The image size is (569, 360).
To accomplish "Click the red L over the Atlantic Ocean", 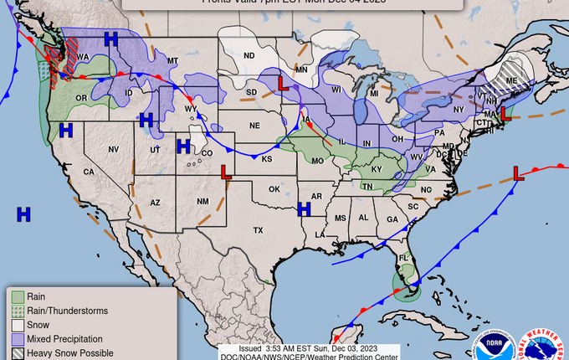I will click(x=518, y=173).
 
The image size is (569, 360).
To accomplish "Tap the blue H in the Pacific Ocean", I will click(x=23, y=214).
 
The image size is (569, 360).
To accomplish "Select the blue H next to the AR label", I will click(x=305, y=208).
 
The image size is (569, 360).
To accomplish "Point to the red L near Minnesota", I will click(x=284, y=85).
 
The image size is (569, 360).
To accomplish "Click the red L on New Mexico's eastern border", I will click(x=225, y=172).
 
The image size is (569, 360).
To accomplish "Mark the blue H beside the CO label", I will click(x=183, y=147).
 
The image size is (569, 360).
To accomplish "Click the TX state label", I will click(x=258, y=229).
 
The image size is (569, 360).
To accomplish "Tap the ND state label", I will click(x=249, y=56).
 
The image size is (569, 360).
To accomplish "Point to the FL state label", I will click(x=402, y=257).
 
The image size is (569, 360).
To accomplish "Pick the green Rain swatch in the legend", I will click(x=18, y=296).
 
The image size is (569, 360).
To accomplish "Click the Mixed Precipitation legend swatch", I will click(x=18, y=339).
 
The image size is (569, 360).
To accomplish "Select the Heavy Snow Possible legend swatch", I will click(x=18, y=353).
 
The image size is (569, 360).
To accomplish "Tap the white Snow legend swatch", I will click(x=18, y=325).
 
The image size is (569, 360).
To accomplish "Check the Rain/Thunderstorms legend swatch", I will click(x=18, y=311).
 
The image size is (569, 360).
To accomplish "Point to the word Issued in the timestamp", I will click(x=251, y=348).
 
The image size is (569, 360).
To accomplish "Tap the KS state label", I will click(x=267, y=158).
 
